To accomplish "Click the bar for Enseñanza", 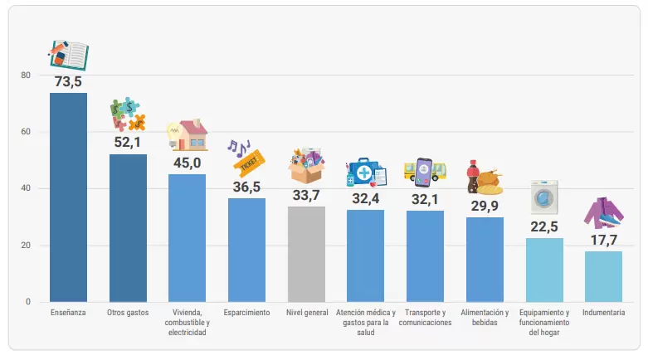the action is (68, 197).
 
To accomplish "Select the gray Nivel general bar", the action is (306, 254).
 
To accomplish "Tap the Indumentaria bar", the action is (603, 276).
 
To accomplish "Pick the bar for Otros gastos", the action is (128, 228).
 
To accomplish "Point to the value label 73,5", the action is (68, 81).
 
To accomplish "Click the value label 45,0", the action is (188, 163).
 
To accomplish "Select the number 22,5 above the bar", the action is (544, 226).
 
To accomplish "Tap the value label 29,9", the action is (485, 206).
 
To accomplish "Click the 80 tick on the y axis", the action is (26, 75).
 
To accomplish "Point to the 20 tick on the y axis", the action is (26, 245).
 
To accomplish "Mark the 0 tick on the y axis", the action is (28, 302).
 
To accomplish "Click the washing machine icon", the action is (544, 197).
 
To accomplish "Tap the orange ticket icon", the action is (248, 164).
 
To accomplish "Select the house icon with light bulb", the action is (188, 134).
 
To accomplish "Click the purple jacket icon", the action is (603, 213).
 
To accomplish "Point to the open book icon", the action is (69, 55).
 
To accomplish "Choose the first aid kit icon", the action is (366, 172).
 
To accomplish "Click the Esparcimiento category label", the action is (246, 313).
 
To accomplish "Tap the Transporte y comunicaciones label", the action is (426, 318).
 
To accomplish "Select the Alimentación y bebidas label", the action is (485, 318).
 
